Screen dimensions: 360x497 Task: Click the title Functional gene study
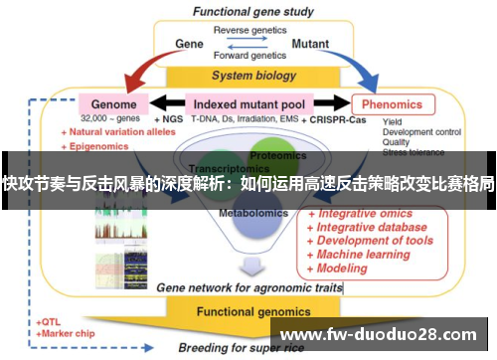[x=251, y=13]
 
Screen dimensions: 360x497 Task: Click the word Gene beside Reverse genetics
[x=189, y=45]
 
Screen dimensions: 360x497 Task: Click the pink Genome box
[x=114, y=103]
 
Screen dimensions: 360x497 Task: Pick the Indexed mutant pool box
[x=250, y=103]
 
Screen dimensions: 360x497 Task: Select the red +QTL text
[x=49, y=322]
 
